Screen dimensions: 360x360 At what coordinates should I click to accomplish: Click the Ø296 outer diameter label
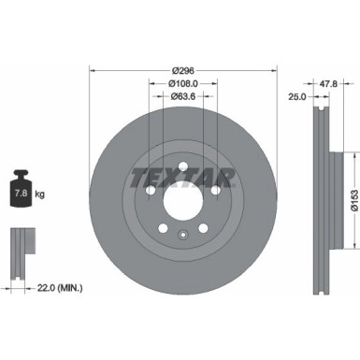[183, 70]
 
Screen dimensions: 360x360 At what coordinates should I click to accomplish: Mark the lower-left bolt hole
[163, 230]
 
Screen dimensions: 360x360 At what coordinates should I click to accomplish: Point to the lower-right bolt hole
[204, 230]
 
